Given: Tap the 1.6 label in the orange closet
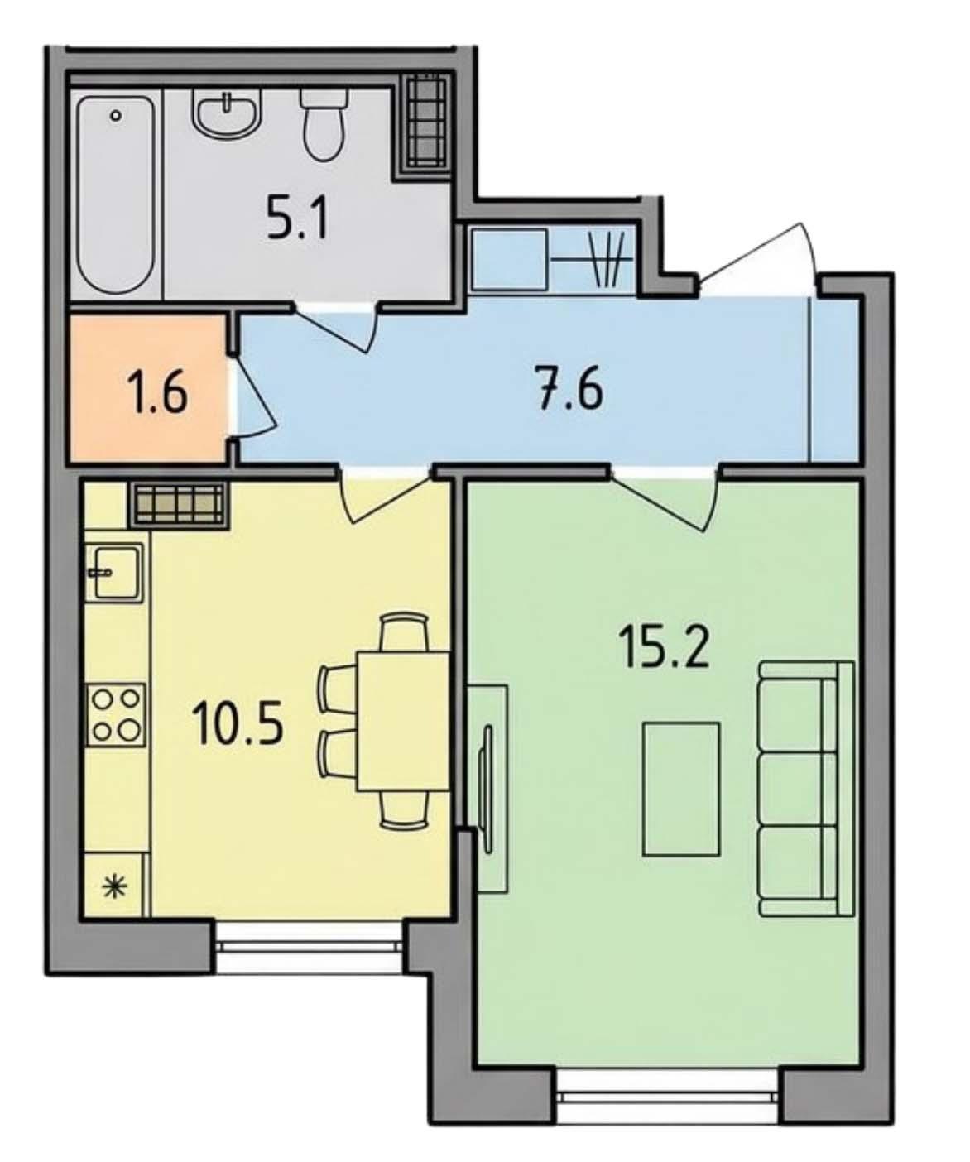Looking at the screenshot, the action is click(159, 393).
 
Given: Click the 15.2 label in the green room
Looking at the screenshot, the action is click(666, 646).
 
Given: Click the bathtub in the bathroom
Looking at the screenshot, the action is click(115, 195).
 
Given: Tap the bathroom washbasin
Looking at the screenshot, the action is click(227, 115).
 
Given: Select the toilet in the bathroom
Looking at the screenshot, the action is click(324, 124).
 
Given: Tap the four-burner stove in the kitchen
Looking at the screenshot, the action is click(116, 715).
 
